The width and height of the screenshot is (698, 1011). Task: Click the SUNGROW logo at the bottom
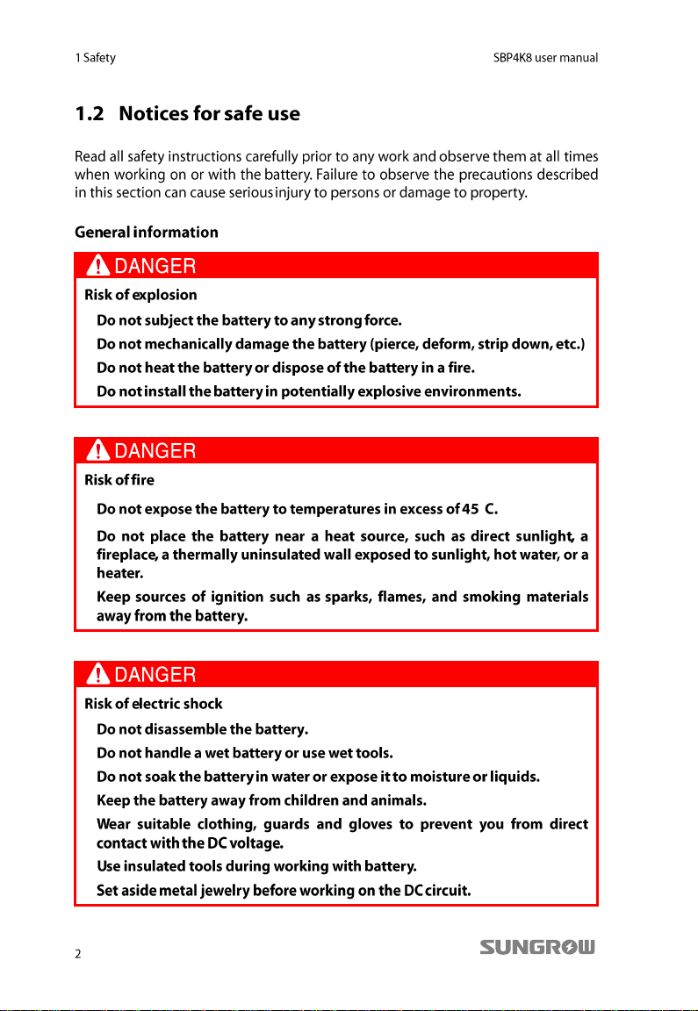click(537, 948)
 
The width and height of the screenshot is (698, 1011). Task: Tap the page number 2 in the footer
click(78, 955)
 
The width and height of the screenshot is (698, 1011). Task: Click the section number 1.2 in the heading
click(92, 114)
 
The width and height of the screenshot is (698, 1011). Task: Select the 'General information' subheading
click(147, 233)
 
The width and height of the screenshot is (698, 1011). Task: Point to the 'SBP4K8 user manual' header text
click(545, 58)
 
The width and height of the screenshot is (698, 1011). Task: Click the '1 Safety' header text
click(96, 58)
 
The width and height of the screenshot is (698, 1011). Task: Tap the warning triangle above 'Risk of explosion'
click(99, 265)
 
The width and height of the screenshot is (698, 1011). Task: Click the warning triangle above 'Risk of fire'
click(99, 451)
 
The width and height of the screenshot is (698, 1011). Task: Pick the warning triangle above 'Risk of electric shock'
click(99, 674)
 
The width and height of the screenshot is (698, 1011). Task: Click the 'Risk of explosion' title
click(140, 295)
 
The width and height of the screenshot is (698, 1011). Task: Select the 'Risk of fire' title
click(119, 480)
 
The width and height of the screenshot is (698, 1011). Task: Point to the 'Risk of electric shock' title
click(154, 704)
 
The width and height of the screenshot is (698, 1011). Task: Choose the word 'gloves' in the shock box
click(370, 824)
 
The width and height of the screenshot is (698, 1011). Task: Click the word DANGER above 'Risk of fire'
click(155, 451)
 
